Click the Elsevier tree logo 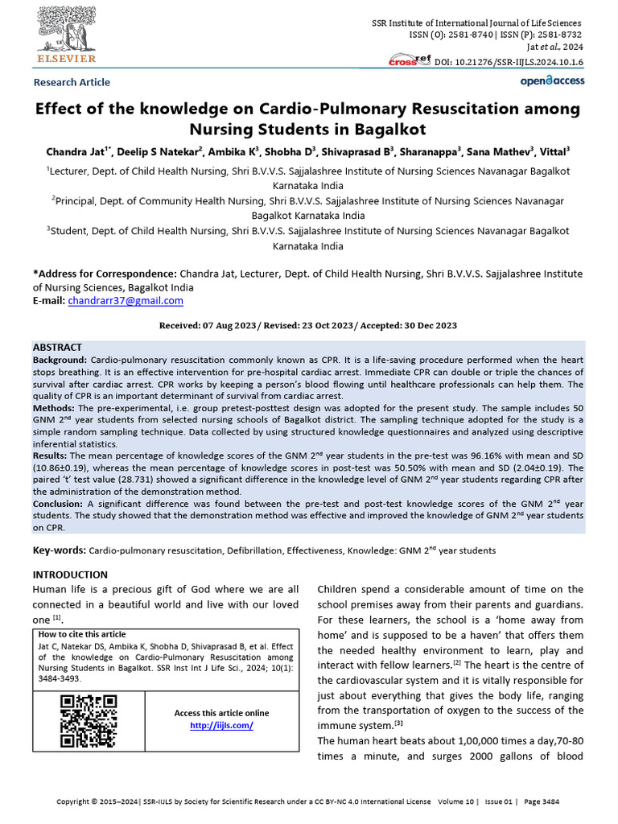coord(64,31)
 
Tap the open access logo coord(552,80)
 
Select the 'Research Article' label coord(72,82)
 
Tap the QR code coord(89,721)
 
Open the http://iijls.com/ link coord(221,725)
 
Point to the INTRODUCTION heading coord(70,575)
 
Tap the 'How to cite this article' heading coord(82,634)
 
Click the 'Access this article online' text coord(221,713)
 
